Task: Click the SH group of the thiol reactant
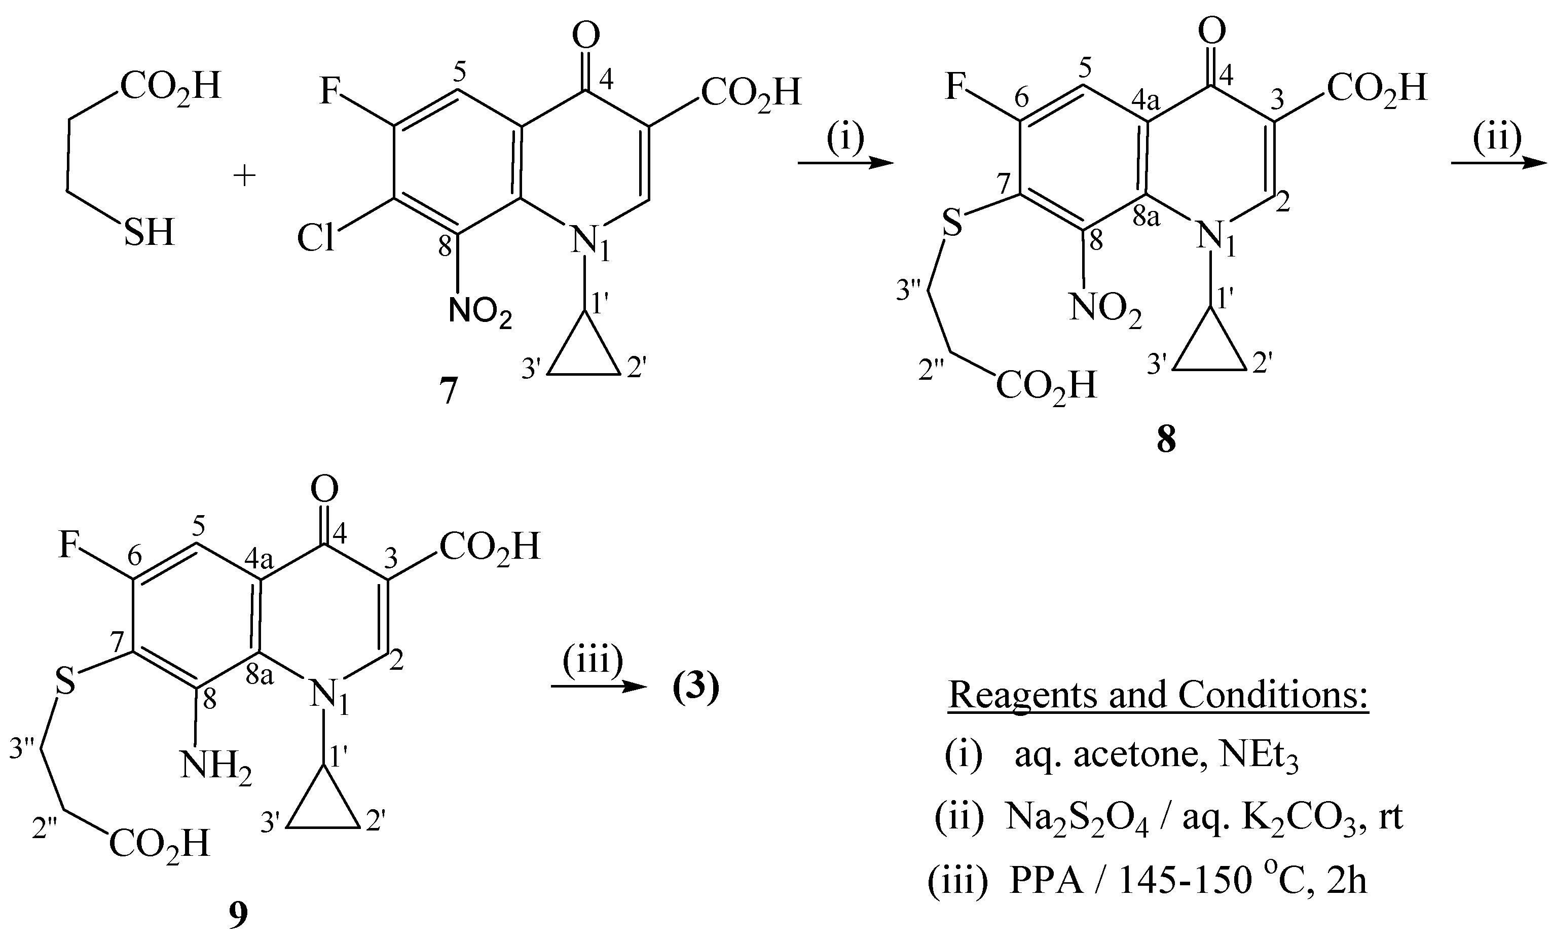[x=149, y=233]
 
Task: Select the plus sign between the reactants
[x=244, y=176]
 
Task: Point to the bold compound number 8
[x=1166, y=440]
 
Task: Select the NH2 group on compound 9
[x=216, y=768]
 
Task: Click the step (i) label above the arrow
[x=845, y=138]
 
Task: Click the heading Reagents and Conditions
[x=1158, y=695]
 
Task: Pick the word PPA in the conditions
[x=1047, y=880]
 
